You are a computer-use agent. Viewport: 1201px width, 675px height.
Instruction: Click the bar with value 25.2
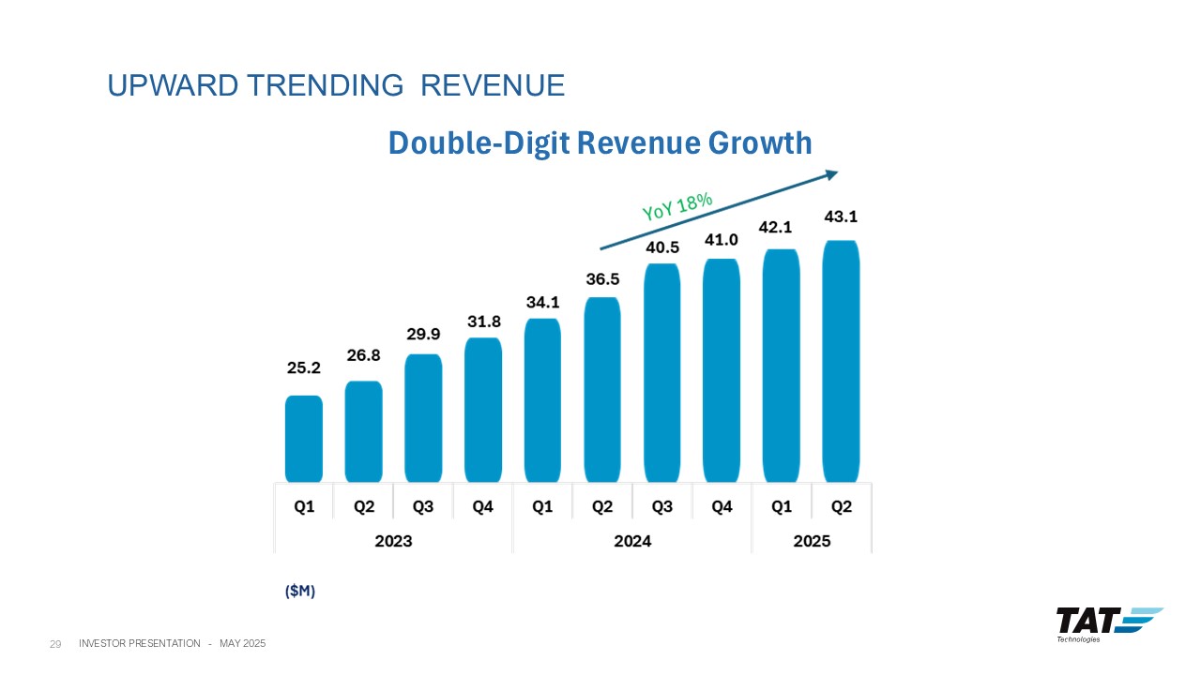[x=303, y=439]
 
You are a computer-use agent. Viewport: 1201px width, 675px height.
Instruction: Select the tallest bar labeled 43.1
[x=841, y=361]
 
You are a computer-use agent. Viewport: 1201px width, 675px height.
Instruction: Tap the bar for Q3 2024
[x=661, y=372]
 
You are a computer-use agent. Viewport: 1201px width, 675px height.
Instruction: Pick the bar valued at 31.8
[x=482, y=410]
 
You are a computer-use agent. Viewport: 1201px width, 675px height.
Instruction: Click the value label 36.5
[x=602, y=279]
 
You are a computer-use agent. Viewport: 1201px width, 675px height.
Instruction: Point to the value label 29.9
[x=423, y=335]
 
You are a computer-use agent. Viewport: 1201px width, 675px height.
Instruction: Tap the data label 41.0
[x=722, y=240]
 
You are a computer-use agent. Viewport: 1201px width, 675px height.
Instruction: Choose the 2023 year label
[x=393, y=541]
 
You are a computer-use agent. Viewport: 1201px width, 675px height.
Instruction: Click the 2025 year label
[x=811, y=541]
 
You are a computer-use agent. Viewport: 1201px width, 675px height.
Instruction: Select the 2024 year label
[x=631, y=541]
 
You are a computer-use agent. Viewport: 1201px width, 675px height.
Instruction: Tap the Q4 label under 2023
[x=482, y=507]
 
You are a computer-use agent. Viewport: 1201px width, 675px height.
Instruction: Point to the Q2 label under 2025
[x=841, y=507]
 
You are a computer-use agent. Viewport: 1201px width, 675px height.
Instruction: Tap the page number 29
[x=55, y=644]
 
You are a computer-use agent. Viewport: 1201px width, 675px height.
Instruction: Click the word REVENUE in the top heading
[x=492, y=86]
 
